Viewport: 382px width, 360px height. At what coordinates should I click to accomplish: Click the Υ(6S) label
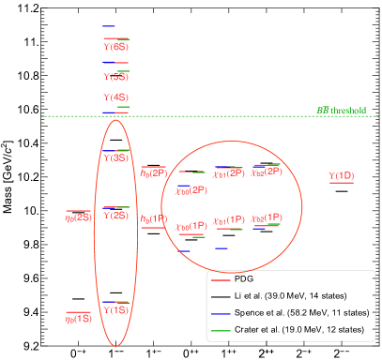point(115,46)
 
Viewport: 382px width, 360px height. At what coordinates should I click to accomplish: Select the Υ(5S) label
point(115,77)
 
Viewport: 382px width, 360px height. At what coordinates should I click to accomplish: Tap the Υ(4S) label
point(115,97)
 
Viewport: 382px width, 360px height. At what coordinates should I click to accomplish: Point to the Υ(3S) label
point(116,157)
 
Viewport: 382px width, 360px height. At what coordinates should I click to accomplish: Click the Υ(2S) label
point(116,216)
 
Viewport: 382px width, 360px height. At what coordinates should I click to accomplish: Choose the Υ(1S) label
point(116,310)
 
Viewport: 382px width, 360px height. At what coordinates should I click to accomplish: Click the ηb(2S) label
point(78,217)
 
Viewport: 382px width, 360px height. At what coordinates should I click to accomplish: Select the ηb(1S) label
point(78,319)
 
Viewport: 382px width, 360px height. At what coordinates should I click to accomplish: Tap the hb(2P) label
point(153,172)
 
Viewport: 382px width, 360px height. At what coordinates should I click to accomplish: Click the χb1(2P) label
point(228,173)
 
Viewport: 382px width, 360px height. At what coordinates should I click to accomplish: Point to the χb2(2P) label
point(266,172)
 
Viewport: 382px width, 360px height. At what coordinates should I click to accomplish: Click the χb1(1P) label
point(229,220)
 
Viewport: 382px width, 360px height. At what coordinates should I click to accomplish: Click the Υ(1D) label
point(341,176)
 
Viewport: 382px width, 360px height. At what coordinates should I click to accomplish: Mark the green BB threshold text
point(341,111)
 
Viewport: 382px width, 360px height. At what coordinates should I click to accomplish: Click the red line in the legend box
point(221,280)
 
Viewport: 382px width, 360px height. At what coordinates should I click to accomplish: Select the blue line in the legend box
point(221,313)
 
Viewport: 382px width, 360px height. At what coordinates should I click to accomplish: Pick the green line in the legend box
point(221,331)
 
